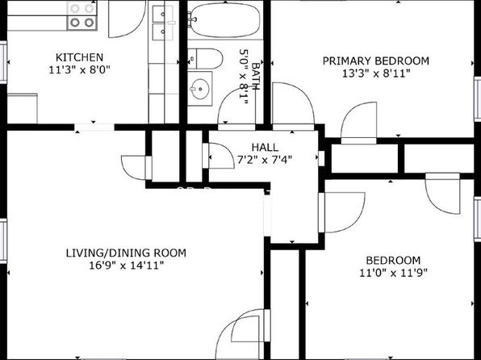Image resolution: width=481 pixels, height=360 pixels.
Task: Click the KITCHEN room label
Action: [x=79, y=57]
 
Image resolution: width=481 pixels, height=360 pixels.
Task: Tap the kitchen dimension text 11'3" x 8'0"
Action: [x=79, y=70]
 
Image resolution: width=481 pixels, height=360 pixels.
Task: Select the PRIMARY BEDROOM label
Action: [x=376, y=61]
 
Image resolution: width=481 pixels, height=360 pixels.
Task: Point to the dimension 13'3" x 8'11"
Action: [x=376, y=73]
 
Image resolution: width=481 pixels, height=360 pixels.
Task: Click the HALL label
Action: [x=265, y=148]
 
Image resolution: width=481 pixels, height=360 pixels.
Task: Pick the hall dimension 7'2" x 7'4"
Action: [x=265, y=160]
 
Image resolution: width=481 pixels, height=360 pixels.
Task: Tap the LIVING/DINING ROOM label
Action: [x=126, y=253]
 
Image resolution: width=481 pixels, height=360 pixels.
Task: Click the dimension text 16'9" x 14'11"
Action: [x=126, y=266]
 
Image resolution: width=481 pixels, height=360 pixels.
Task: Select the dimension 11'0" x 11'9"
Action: [x=393, y=273]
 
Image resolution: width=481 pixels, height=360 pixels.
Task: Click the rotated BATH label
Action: [x=256, y=76]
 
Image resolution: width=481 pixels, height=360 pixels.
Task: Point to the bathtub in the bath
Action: [x=224, y=20]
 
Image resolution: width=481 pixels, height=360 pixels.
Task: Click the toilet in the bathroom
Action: [x=205, y=58]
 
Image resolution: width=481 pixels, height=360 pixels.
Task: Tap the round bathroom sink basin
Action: [x=199, y=89]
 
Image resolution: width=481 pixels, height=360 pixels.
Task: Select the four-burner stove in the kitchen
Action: [x=82, y=15]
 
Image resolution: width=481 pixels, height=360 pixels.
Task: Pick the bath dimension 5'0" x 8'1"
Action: [x=243, y=77]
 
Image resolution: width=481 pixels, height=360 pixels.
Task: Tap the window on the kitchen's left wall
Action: [x=3, y=62]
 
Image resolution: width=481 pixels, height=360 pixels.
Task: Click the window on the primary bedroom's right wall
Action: [x=477, y=99]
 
